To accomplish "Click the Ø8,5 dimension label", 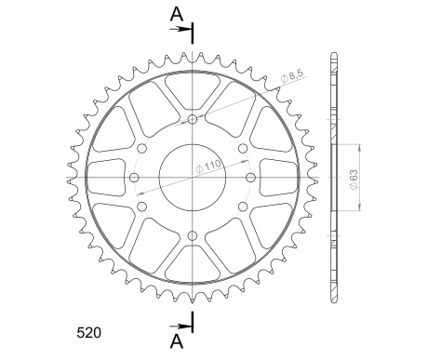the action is coord(293,76).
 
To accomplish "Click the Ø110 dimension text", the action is coord(208,167).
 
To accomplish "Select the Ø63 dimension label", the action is coord(354,180).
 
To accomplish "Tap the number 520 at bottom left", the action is coord(88,333).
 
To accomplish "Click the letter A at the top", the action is coord(177,14).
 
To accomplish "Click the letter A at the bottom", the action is coord(177,341).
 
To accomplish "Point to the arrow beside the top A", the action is coord(181,29).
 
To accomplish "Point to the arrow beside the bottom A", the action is coord(181,327).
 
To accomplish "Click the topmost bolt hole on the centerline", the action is coord(193,119).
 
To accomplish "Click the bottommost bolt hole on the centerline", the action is coord(193,235).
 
